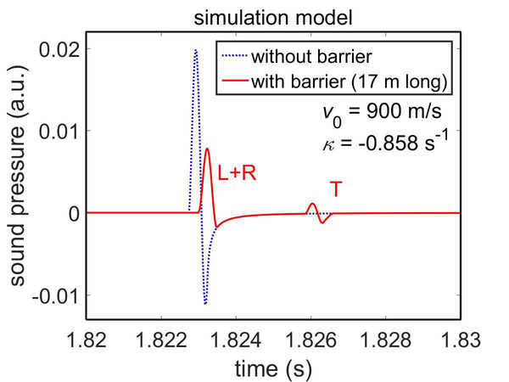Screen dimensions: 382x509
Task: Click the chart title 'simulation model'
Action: coord(271,15)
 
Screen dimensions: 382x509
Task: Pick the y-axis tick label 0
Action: coord(74,213)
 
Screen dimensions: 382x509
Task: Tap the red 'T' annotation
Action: coord(336,189)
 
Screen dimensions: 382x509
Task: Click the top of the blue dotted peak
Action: coord(195,50)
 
